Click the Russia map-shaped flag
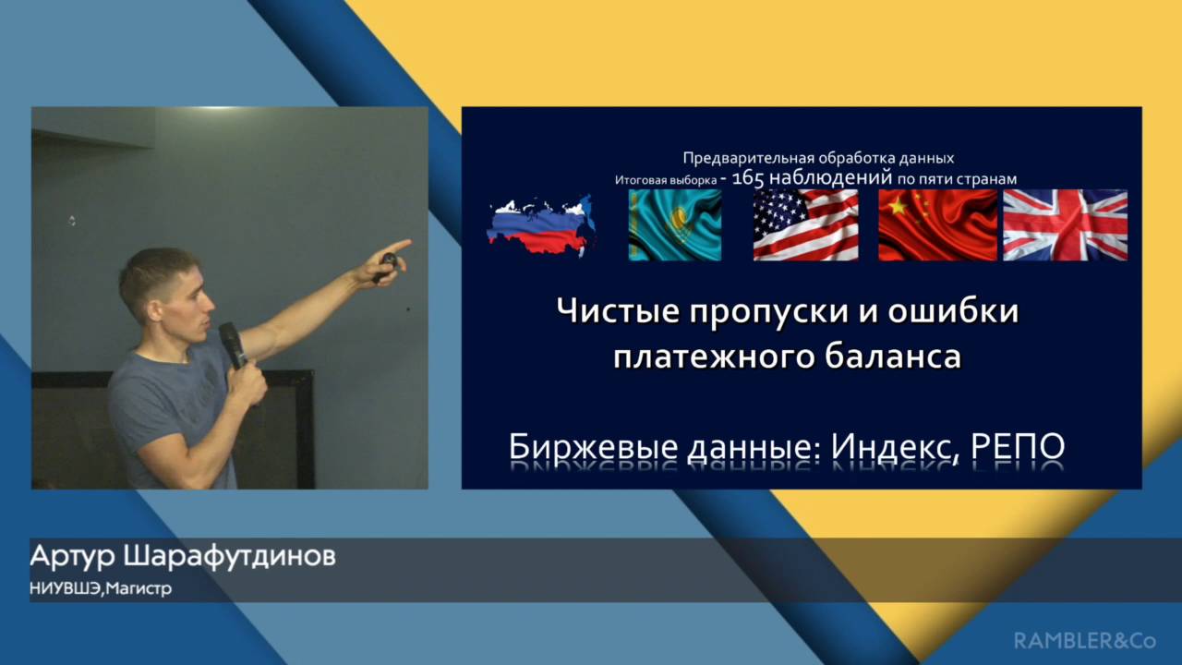tap(542, 225)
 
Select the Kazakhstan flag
tap(675, 224)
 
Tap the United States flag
tap(806, 224)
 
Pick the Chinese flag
tap(937, 224)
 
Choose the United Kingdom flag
tap(1066, 224)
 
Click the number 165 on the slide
tap(748, 178)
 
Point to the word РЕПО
tap(1018, 446)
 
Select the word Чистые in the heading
tap(618, 310)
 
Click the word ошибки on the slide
tap(953, 310)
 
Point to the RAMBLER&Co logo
tap(1085, 641)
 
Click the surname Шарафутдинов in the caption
tap(230, 557)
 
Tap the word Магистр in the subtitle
tap(139, 588)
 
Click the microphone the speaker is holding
tap(233, 345)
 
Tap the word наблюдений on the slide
tap(830, 178)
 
